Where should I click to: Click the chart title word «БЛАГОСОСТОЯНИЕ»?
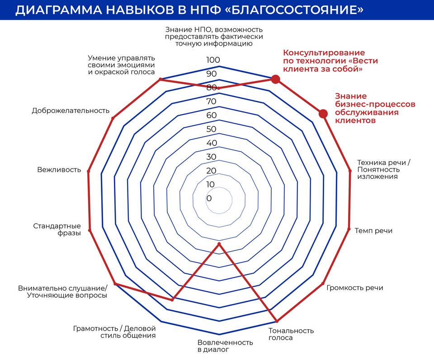[297, 10]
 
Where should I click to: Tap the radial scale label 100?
[213, 60]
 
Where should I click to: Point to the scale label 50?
[212, 129]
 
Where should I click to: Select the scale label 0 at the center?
[209, 198]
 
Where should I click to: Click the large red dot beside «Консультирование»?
[275, 79]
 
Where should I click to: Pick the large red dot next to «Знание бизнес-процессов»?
[323, 114]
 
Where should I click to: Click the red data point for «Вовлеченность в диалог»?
[219, 244]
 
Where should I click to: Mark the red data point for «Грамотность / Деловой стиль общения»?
[172, 299]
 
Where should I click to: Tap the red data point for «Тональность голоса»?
[277, 321]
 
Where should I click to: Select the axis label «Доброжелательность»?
[71, 111]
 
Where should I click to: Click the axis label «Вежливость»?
[59, 169]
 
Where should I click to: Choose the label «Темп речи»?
[373, 231]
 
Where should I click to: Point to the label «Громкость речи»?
[355, 288]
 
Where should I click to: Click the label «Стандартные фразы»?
[57, 229]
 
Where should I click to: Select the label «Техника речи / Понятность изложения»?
[384, 169]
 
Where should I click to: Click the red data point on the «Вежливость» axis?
[89, 172]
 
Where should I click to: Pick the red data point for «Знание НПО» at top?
[218, 88]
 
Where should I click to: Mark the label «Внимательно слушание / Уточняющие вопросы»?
[62, 292]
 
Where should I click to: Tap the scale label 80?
[212, 87]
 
